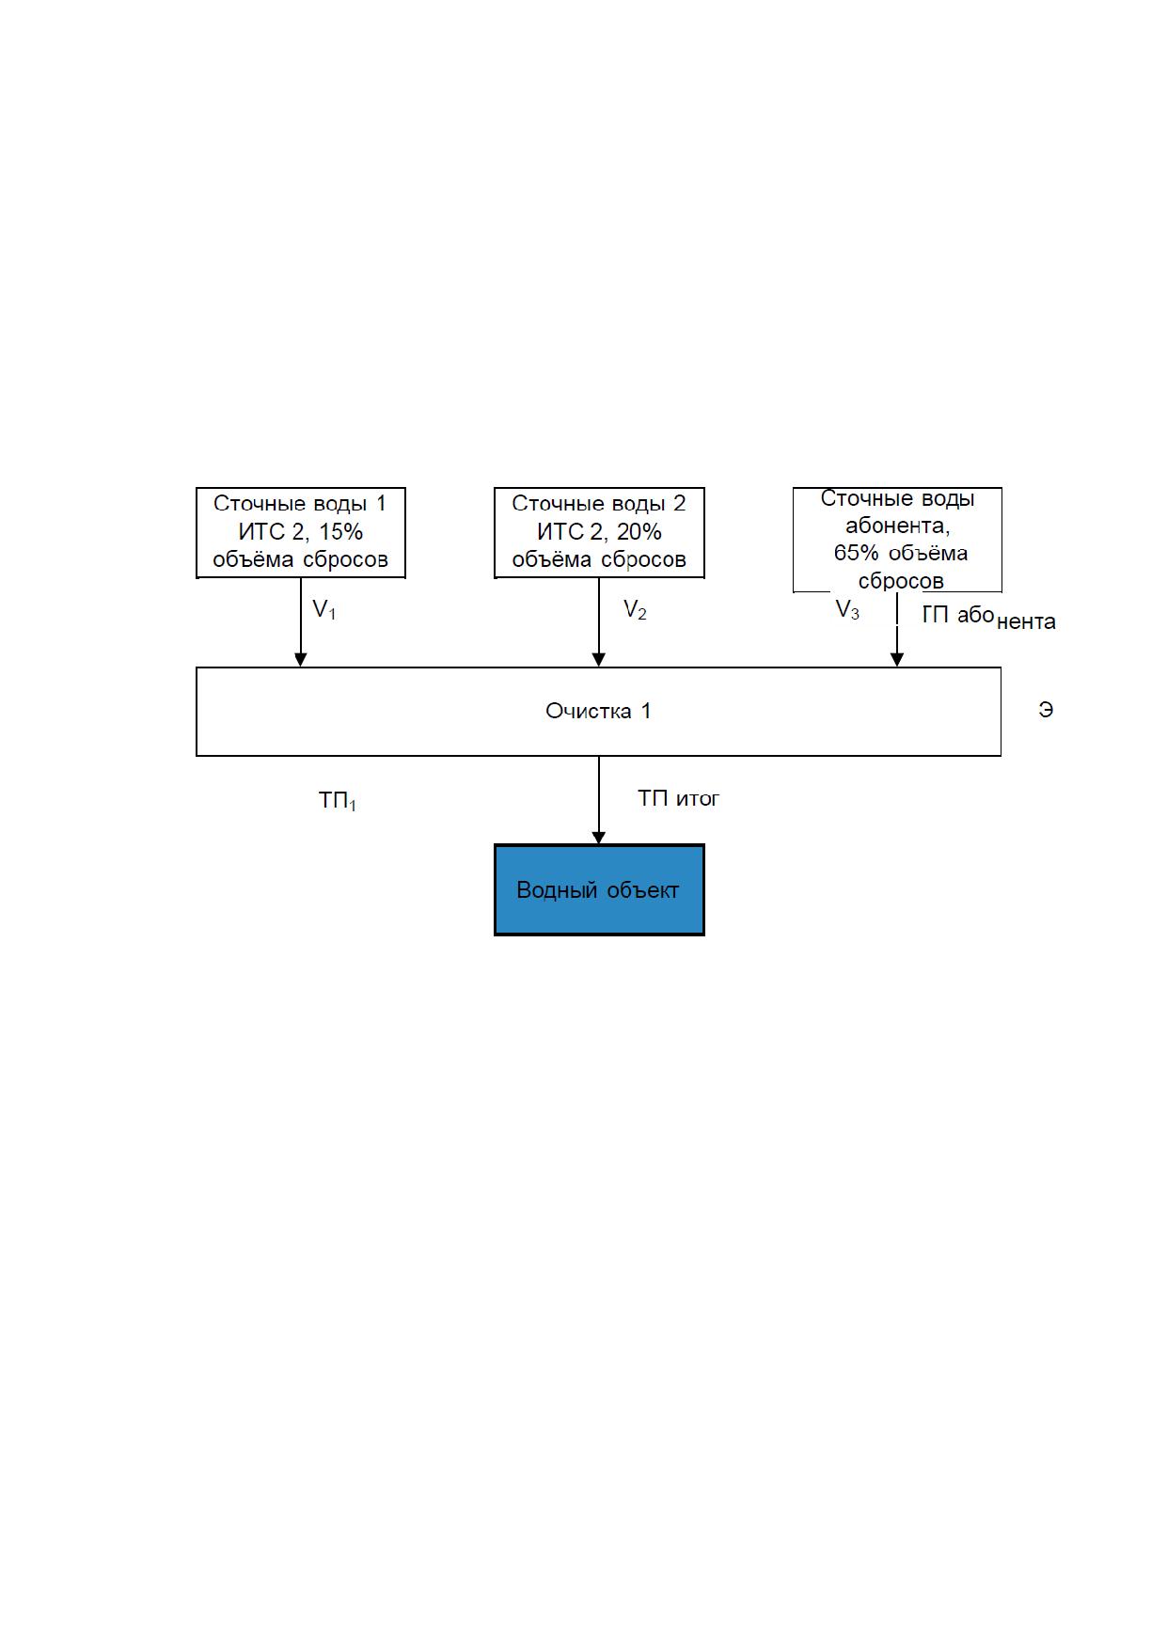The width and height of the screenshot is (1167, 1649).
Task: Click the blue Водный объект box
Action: (x=599, y=889)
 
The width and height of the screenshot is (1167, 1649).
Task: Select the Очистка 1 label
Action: (x=598, y=711)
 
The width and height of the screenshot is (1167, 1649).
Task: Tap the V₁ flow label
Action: (x=324, y=610)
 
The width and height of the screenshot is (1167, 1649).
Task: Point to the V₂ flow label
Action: (x=635, y=610)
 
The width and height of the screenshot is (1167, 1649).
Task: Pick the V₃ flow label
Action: (x=847, y=610)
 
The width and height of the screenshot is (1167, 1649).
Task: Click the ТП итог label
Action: (x=678, y=798)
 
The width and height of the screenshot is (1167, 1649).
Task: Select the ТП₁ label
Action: (x=338, y=801)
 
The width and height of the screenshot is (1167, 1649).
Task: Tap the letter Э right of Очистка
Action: (x=1046, y=711)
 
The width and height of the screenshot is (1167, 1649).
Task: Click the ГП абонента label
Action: (x=988, y=618)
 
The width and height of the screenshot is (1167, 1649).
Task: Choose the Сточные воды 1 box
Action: (x=300, y=532)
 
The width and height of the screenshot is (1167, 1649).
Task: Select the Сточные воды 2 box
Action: (x=599, y=532)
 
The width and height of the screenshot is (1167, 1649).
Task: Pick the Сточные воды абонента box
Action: (x=897, y=540)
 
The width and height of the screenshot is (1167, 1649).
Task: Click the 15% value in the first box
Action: (x=340, y=532)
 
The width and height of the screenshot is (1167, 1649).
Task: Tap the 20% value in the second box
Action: (x=639, y=532)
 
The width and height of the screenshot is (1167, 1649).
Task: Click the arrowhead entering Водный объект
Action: (x=599, y=838)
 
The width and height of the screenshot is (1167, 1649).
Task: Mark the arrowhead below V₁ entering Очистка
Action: (x=300, y=660)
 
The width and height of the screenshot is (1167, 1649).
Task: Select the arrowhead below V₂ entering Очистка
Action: (x=599, y=660)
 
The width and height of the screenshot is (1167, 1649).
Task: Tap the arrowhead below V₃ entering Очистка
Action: (x=897, y=660)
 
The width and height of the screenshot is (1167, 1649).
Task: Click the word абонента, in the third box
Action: (x=897, y=526)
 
